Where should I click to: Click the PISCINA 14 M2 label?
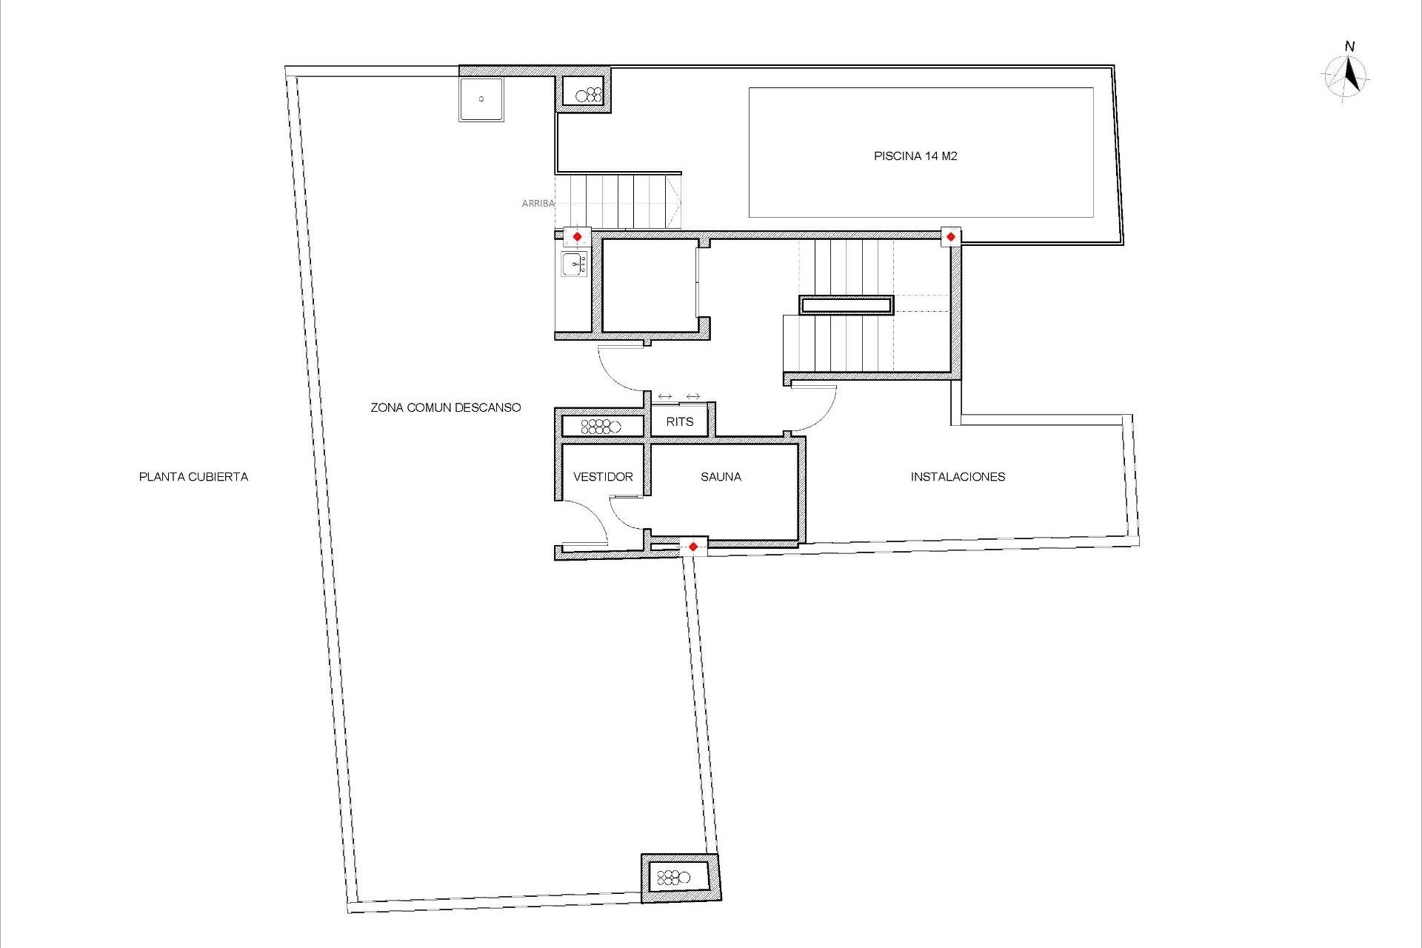click(x=915, y=156)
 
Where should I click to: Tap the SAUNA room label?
click(x=721, y=477)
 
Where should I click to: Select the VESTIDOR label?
click(x=603, y=477)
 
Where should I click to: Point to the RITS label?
click(x=680, y=422)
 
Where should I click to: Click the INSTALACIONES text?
click(x=958, y=477)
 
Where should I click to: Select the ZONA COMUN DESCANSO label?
click(x=446, y=407)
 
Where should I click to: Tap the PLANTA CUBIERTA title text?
click(x=193, y=477)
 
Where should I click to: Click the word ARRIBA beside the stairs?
click(x=538, y=203)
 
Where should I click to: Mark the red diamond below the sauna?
click(x=693, y=547)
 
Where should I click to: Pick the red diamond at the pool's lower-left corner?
click(x=951, y=237)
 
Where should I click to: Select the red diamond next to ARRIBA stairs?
click(x=578, y=237)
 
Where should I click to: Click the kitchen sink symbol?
click(x=575, y=264)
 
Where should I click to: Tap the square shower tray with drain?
click(x=481, y=99)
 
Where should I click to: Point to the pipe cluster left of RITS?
click(x=600, y=427)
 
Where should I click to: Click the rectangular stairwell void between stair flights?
click(x=846, y=305)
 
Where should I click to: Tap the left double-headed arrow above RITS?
click(x=665, y=397)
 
